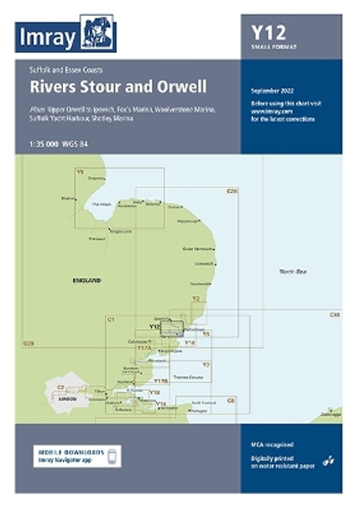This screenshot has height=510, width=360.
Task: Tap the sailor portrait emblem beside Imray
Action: click(98, 34)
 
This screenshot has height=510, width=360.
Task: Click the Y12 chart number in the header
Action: click(269, 33)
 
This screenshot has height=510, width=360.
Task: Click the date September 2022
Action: click(273, 89)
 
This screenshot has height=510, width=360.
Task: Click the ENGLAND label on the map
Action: click(86, 279)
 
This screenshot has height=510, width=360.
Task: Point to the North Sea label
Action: click(294, 270)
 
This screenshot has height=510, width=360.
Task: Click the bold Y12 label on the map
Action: click(154, 326)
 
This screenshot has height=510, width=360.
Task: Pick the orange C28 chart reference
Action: click(232, 191)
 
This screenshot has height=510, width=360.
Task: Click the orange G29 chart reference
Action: click(29, 343)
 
